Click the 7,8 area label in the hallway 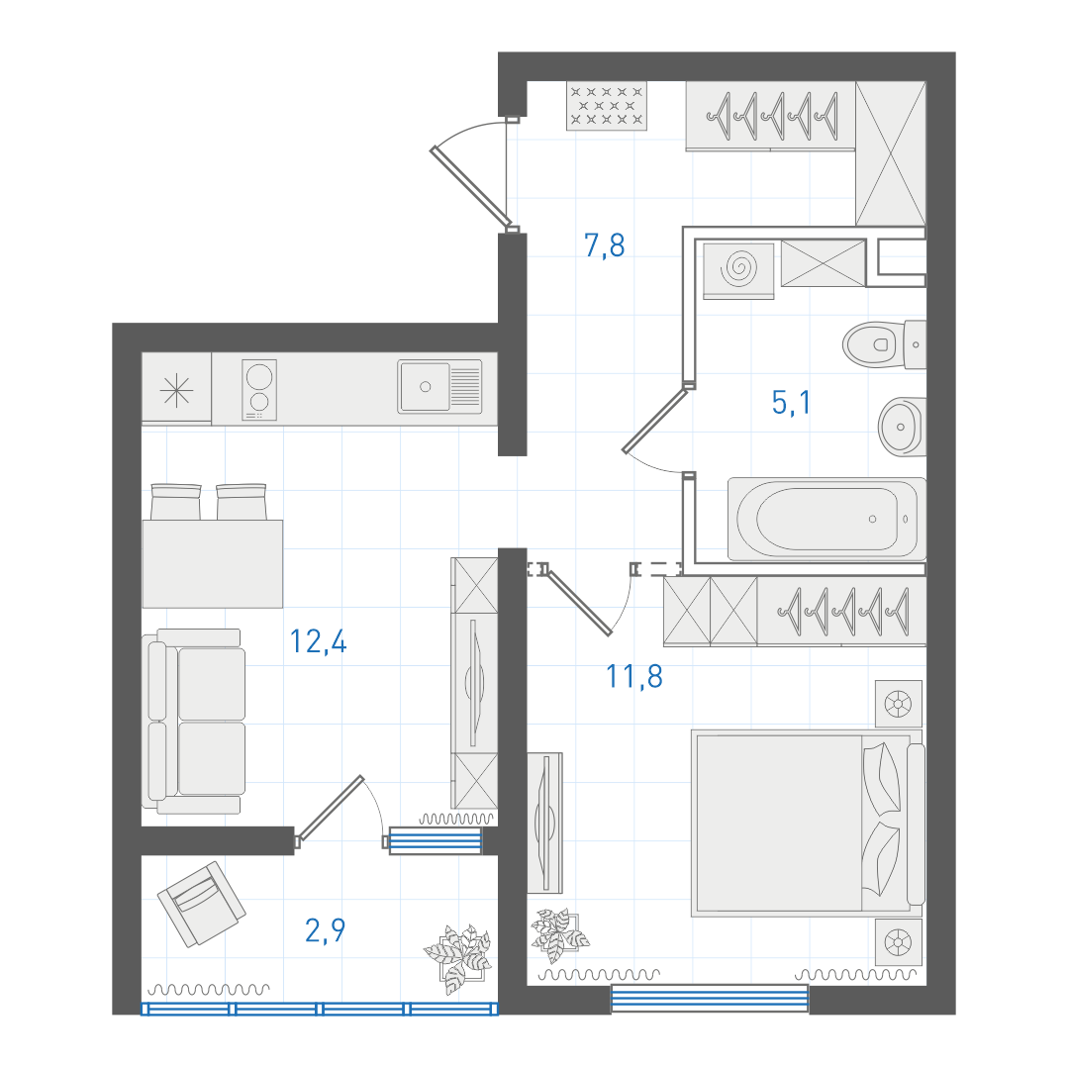point(605,245)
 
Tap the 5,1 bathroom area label point(792,402)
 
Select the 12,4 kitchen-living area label point(319,640)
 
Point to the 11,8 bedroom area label point(634,676)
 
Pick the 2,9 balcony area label point(326,929)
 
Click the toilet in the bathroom point(884,344)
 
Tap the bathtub point(826,520)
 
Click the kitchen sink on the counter point(439,387)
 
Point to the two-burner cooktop point(259,389)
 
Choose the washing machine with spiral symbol point(738,270)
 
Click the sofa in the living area point(194,722)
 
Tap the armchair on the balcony point(202,904)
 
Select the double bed point(808,823)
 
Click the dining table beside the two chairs point(212,564)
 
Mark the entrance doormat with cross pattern point(607,106)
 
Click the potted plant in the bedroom point(559,934)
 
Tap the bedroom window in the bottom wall point(710,999)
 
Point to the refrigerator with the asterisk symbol point(176,388)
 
